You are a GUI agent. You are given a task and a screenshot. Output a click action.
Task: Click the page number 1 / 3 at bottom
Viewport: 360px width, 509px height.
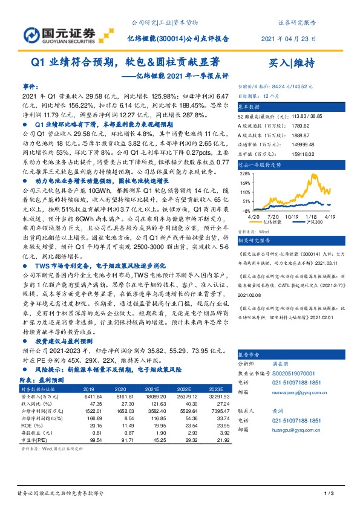click(329, 495)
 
